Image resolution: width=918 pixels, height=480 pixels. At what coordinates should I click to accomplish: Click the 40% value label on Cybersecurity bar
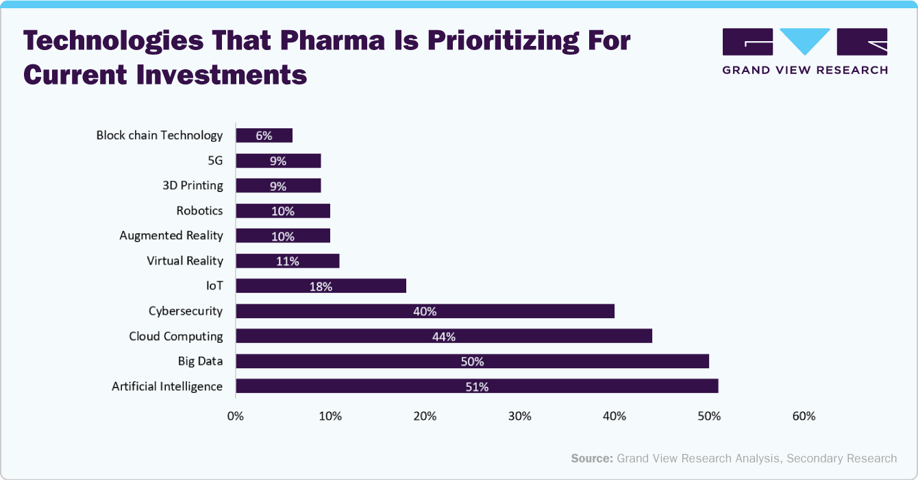[x=425, y=311]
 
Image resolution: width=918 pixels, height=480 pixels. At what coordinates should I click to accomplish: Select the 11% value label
[x=288, y=261]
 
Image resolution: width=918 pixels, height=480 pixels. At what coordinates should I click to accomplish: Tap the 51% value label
[x=477, y=387]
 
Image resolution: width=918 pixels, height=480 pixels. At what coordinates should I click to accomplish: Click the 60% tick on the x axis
[x=804, y=416]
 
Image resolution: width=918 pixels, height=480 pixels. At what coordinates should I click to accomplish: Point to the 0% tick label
[x=236, y=416]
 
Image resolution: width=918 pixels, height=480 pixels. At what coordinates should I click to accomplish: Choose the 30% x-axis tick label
[x=520, y=416]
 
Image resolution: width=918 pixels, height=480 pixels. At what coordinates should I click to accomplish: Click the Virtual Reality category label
[x=185, y=261]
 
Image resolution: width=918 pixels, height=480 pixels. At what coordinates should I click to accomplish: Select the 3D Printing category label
[x=193, y=185]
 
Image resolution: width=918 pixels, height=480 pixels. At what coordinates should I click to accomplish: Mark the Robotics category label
[x=199, y=211]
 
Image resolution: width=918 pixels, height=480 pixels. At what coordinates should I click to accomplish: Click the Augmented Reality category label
[x=171, y=235]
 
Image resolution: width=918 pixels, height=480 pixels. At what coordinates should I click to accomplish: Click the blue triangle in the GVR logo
[x=805, y=40]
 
